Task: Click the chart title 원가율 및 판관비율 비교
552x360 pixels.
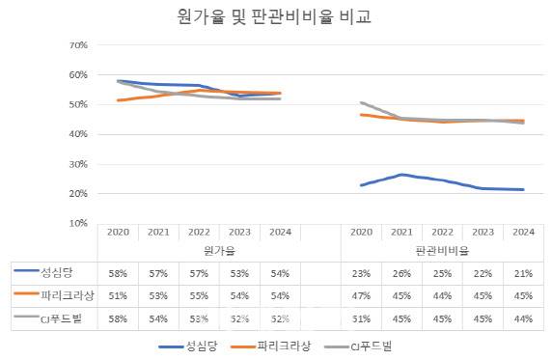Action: click(274, 17)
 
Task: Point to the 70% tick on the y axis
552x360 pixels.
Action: click(78, 45)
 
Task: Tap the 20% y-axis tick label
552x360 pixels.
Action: click(78, 193)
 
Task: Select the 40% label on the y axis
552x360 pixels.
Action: click(78, 134)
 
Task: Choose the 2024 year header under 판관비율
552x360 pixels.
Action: click(523, 232)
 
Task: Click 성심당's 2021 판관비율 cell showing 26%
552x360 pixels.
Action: click(401, 271)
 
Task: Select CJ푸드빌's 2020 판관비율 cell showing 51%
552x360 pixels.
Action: click(361, 316)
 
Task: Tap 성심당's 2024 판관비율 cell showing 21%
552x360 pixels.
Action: click(523, 271)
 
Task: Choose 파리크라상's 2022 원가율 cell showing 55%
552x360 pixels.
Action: click(198, 293)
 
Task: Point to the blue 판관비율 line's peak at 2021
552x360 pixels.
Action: click(401, 175)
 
